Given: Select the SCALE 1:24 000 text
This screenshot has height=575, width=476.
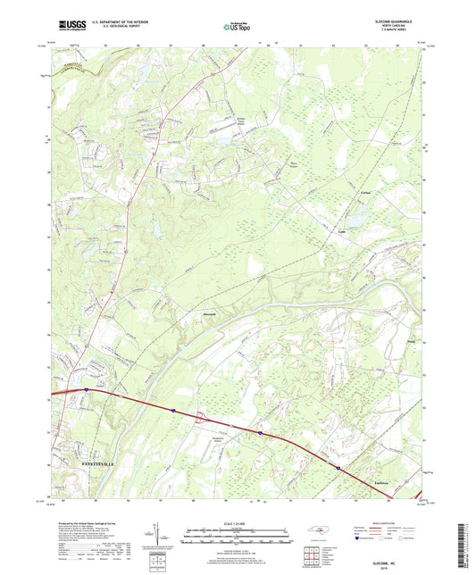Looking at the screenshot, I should point(238,524).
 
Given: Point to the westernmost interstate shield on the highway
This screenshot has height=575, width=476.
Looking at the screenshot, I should point(87,389).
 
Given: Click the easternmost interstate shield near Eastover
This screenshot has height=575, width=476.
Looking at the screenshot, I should point(338,465).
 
